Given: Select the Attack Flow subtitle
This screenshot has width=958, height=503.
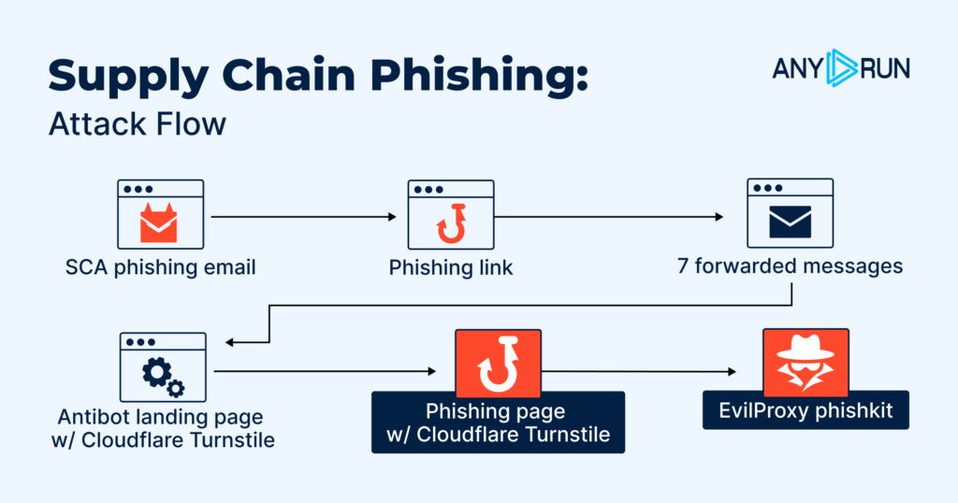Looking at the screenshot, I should pos(137,123).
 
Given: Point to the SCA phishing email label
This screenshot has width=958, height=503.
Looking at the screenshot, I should pos(161,267).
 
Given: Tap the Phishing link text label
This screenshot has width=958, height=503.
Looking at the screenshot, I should pos(451,267).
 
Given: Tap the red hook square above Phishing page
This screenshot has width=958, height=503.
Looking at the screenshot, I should pos(498,364).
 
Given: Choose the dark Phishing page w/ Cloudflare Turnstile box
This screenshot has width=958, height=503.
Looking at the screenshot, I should pos(498,423).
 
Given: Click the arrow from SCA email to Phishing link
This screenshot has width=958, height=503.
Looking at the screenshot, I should pos(304,217).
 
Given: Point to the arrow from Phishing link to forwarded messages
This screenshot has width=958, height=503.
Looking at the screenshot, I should pos(608,217).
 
